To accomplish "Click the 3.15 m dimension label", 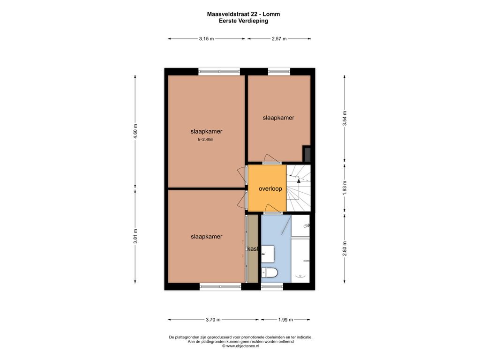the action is point(206,38).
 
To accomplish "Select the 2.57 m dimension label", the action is point(279,38).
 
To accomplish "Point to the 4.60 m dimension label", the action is point(135,131).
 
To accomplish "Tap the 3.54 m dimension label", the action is point(345,118).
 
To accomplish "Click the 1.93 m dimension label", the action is point(345,188).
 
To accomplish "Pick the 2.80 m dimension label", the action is point(345,248).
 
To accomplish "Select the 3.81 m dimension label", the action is point(135,236).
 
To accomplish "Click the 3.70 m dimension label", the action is point(213,320).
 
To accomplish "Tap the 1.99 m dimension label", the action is point(285,320).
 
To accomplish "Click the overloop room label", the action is point(270,188).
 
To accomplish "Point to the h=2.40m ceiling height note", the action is point(205,140).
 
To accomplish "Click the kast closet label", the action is point(253,249).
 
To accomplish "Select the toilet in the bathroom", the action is point(270,272).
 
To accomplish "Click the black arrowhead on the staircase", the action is point(299,180).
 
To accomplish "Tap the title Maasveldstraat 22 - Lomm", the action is point(243,14).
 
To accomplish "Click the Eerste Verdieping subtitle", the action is point(243,21).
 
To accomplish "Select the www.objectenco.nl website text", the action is point(240,346).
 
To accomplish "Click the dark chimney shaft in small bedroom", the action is point(307,154).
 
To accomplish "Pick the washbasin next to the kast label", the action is point(268,254).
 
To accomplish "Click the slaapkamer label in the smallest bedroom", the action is point(278,118).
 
